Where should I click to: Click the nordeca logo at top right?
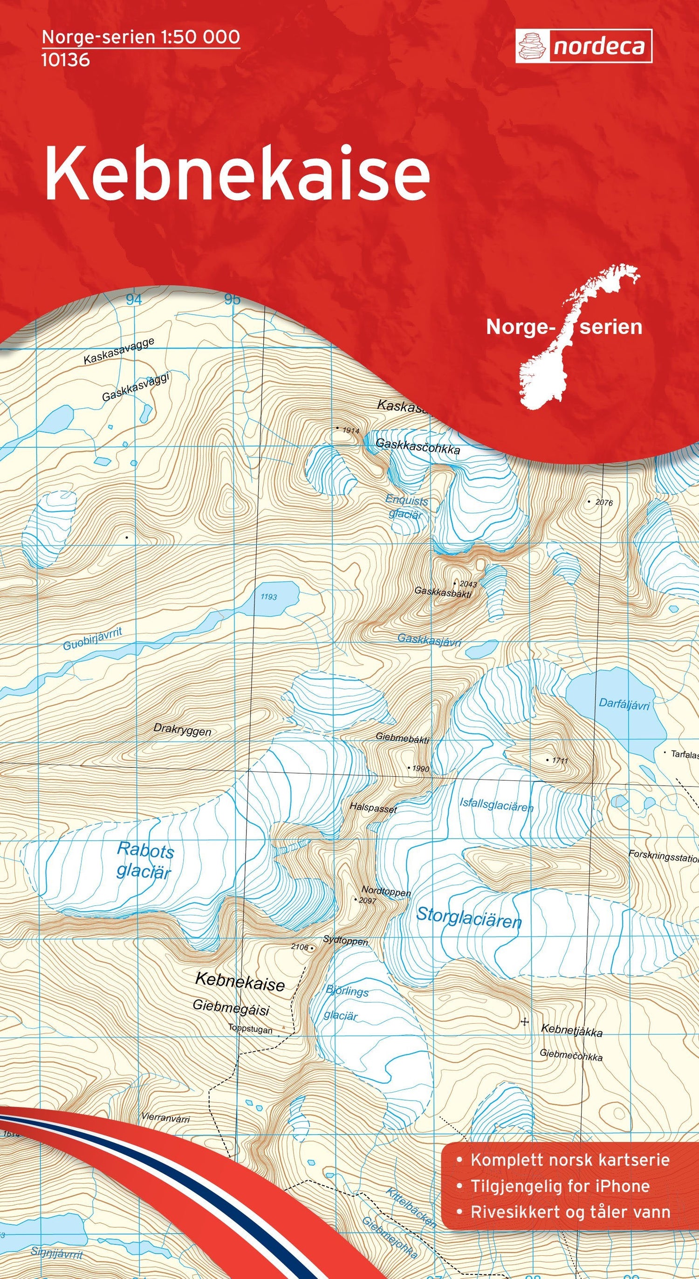tap(583, 46)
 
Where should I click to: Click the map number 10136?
tap(66, 60)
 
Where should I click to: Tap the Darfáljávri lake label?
tap(624, 704)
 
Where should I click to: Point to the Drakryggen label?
tap(182, 731)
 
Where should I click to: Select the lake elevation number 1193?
tap(268, 597)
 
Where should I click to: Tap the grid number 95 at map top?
tap(232, 300)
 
